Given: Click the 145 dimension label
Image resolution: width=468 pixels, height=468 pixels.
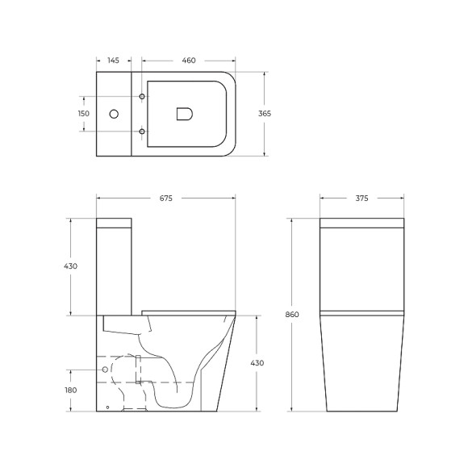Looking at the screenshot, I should (113, 61).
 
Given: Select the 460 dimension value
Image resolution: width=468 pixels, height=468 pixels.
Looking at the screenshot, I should (189, 61).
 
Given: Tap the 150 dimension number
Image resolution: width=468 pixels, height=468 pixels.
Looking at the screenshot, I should (83, 114).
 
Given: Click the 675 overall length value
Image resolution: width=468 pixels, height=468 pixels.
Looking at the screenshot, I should (166, 198).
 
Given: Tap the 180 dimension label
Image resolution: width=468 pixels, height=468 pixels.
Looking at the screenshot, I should (72, 390).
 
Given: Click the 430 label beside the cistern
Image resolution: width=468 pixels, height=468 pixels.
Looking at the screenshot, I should (72, 267).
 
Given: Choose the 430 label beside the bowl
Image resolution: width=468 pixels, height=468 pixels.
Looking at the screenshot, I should (257, 363).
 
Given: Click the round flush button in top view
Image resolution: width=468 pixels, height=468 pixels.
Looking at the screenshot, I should (113, 114).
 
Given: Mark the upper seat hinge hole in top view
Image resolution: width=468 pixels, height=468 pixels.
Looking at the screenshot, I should (143, 97).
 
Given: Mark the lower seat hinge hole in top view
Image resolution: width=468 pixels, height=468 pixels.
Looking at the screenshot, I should (143, 131).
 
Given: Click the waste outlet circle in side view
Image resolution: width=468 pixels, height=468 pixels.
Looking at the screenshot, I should (104, 369).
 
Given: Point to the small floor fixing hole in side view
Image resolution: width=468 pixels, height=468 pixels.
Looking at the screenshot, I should (107, 407).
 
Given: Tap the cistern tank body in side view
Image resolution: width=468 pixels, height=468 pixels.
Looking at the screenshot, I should (115, 270).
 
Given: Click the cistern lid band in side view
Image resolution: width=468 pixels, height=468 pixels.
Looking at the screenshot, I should (115, 224).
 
